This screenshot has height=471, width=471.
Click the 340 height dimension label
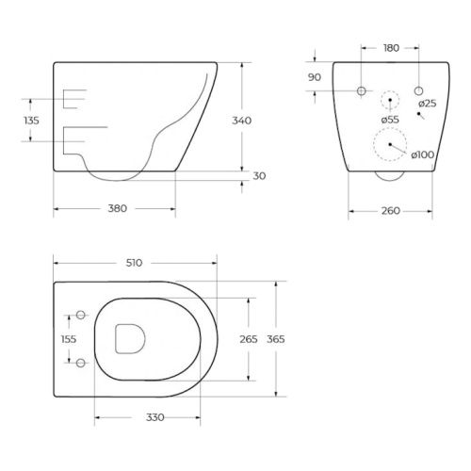[241, 121]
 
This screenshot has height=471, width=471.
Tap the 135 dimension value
[31, 121]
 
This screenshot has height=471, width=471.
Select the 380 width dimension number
[118, 208]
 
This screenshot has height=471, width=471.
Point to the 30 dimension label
[259, 176]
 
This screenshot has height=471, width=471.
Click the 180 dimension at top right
[391, 48]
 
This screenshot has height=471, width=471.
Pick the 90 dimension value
[315, 77]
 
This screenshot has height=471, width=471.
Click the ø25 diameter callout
[428, 104]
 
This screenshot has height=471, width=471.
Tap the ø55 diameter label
[390, 120]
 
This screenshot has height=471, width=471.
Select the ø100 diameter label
[423, 154]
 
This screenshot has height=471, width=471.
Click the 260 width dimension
[391, 211]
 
